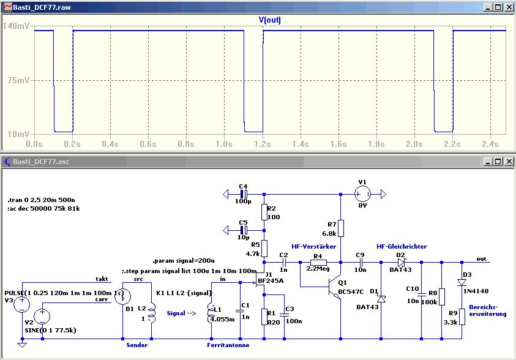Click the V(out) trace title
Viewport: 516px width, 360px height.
click(x=270, y=20)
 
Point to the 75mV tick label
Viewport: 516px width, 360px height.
click(x=17, y=80)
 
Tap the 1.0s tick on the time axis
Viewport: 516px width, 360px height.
click(x=224, y=143)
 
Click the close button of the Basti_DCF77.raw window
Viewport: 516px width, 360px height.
click(x=508, y=7)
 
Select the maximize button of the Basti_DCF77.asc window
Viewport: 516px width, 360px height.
click(x=498, y=162)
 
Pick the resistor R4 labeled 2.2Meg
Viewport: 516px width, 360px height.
click(x=317, y=262)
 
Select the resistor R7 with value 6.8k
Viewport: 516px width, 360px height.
click(x=340, y=228)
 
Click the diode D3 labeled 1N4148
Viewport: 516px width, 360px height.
click(x=462, y=282)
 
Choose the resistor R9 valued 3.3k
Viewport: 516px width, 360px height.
click(x=462, y=317)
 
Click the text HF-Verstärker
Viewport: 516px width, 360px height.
click(x=314, y=246)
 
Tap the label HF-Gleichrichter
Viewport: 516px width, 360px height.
click(x=402, y=246)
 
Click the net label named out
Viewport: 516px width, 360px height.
click(x=482, y=258)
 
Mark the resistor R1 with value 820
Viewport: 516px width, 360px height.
click(x=264, y=317)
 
